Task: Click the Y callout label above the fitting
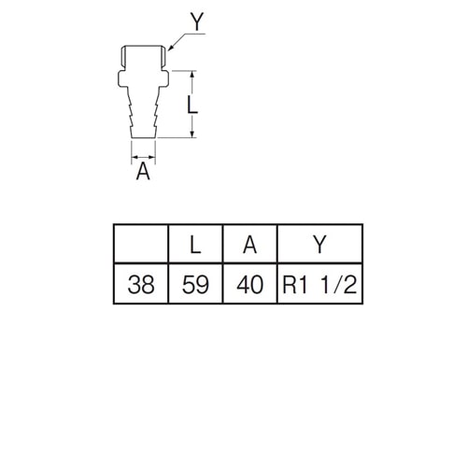click(197, 21)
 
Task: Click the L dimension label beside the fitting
click(191, 105)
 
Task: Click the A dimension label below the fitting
click(143, 171)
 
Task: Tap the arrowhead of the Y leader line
click(170, 48)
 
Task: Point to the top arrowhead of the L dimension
click(192, 74)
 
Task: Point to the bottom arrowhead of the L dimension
click(192, 134)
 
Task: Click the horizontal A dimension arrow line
click(143, 157)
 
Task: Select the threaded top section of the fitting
click(143, 58)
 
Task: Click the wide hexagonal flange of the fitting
click(143, 78)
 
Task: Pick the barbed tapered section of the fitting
click(143, 112)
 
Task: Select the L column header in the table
click(195, 244)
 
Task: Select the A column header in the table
click(249, 244)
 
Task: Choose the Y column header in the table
click(319, 244)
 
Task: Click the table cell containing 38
click(141, 284)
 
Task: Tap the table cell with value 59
click(195, 284)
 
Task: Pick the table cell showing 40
click(249, 284)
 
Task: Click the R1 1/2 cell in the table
click(319, 284)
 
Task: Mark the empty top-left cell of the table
click(141, 244)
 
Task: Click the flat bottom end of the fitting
click(143, 137)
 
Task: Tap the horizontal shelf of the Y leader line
click(195, 33)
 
